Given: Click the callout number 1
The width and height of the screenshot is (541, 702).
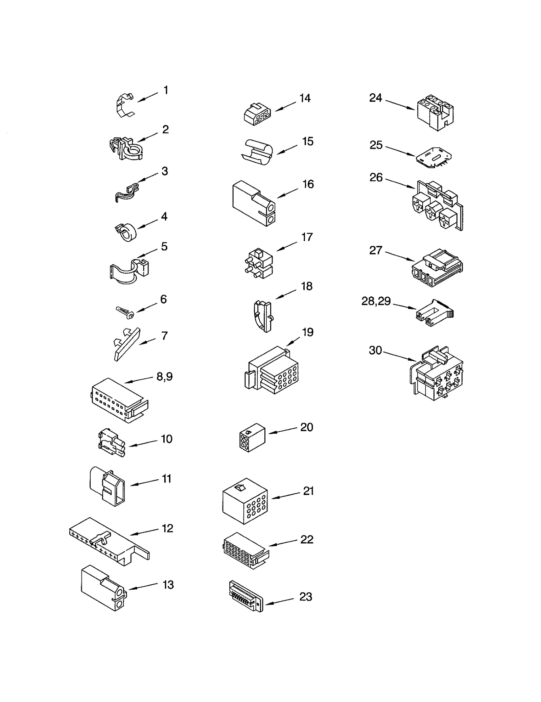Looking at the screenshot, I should (x=166, y=90).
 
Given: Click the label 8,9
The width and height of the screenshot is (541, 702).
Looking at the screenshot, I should (x=165, y=377).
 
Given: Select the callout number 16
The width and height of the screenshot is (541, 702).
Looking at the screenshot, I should (x=308, y=184).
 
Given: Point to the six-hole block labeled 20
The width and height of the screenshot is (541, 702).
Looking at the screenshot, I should (x=252, y=437).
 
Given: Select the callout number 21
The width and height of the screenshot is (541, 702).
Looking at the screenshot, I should (x=308, y=491).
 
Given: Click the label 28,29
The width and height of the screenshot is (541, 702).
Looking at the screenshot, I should (x=376, y=301).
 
